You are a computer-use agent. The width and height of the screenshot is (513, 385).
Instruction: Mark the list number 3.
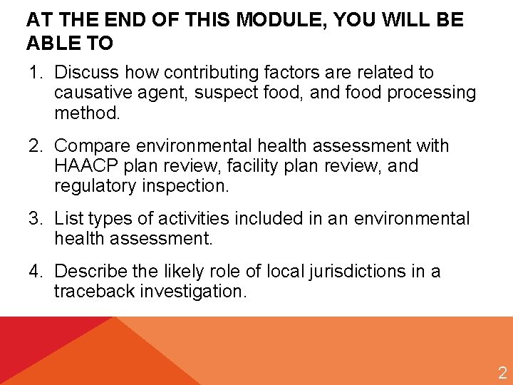point(34,218)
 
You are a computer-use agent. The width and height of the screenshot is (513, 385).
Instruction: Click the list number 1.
point(34,73)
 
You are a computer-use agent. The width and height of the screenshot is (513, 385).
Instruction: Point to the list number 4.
point(34,272)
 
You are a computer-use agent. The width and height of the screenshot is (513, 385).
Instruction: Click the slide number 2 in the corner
point(502,372)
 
